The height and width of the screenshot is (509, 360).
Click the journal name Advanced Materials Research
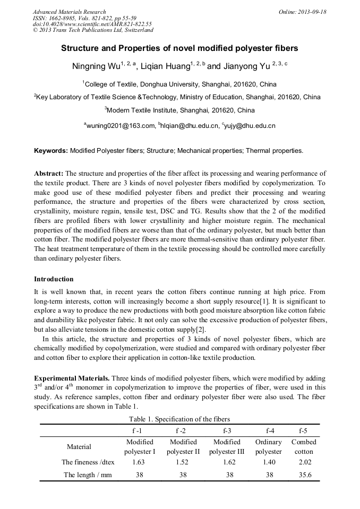69,12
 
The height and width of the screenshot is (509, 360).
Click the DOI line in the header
92,24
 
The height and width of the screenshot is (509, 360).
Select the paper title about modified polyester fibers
179,48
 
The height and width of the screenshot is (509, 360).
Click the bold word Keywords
51,151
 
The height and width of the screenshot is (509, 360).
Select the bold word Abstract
49,174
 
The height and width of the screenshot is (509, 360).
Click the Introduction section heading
54,279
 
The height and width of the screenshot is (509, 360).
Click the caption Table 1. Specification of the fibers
179,419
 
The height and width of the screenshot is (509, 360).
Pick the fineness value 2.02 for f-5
303,462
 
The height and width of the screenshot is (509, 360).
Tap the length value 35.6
303,475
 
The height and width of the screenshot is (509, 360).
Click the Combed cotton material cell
303,446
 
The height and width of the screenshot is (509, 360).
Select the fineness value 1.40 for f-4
269,462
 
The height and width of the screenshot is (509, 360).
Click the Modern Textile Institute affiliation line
179,110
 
